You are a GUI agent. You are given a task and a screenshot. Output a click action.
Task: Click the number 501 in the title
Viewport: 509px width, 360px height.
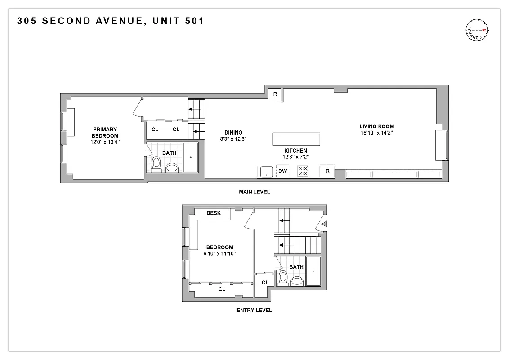pos(192,21)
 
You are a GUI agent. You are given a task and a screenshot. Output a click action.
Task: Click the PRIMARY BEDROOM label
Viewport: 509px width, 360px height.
pos(105,133)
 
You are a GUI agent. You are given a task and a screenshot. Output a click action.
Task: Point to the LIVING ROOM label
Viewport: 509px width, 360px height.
pos(376,126)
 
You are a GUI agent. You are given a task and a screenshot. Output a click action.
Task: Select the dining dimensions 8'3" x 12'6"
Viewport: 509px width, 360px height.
pos(233,139)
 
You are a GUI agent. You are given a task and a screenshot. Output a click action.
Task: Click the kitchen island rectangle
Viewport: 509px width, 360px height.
pos(296,139)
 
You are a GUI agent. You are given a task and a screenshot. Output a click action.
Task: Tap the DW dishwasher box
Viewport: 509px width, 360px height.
pos(282,171)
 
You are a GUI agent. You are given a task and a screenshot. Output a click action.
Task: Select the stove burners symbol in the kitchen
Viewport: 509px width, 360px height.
pos(303,171)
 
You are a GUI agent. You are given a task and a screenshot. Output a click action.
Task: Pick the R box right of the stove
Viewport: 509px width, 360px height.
pos(327,171)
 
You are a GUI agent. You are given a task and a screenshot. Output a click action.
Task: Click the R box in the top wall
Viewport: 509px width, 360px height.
pos(275,94)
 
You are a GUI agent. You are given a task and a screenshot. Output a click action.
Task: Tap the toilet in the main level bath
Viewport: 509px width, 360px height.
pos(156,164)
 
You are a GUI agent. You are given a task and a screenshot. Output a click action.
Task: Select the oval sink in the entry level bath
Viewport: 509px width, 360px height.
pos(297,282)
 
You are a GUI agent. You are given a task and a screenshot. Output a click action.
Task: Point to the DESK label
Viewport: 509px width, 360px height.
pos(214,213)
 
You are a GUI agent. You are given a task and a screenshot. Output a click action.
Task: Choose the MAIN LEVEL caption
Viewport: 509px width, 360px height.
pos(254,192)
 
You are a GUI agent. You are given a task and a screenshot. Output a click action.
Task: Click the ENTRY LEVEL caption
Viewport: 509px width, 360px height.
pos(254,310)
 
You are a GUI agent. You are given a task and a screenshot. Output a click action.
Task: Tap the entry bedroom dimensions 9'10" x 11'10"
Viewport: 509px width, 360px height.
pos(219,253)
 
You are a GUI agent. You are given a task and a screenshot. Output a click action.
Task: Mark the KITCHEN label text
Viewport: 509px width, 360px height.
pos(295,151)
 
